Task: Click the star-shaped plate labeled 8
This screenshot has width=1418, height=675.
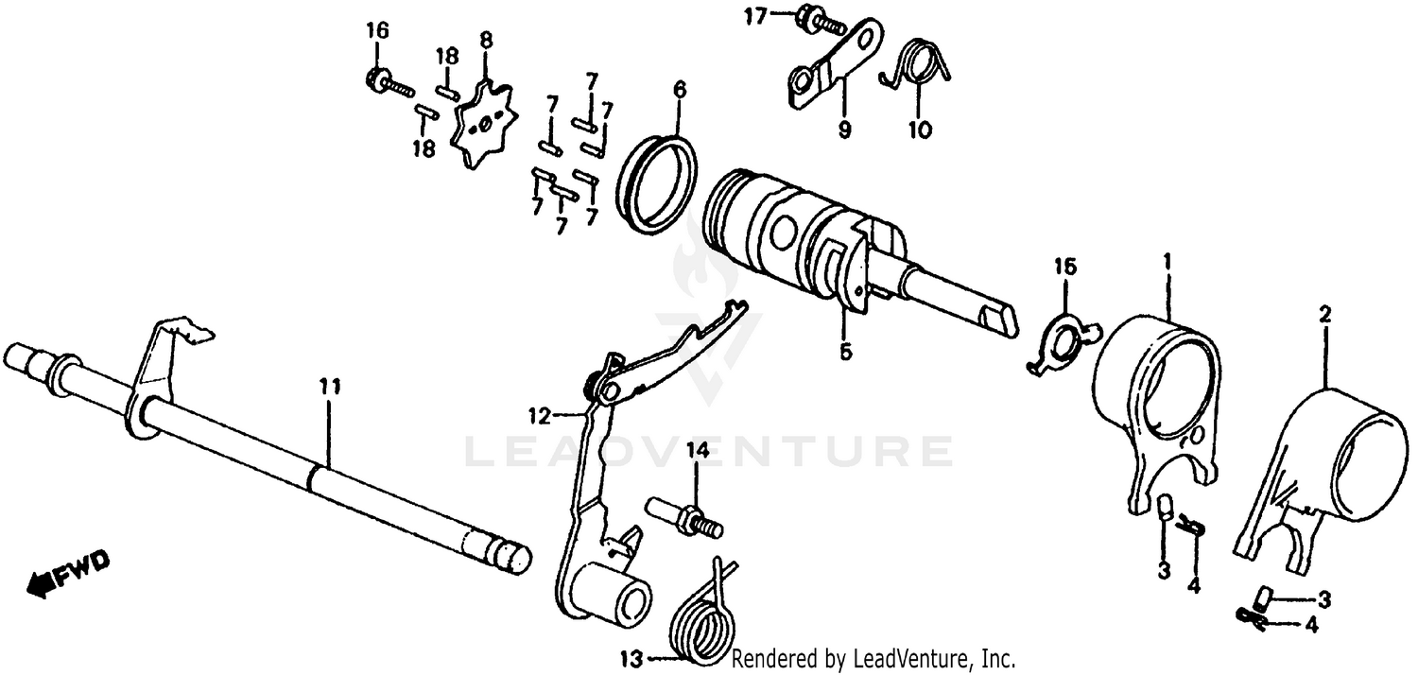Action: click(483, 128)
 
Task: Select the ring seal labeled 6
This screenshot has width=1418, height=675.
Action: click(659, 183)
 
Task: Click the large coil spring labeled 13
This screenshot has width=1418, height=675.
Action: click(702, 620)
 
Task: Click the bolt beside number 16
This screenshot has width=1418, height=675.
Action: click(388, 83)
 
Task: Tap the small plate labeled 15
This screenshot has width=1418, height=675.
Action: click(1063, 339)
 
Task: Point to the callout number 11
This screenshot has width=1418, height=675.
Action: click(330, 387)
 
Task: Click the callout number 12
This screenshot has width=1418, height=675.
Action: click(538, 414)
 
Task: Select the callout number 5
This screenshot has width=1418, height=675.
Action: click(845, 351)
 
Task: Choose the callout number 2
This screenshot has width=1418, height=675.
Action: click(1324, 314)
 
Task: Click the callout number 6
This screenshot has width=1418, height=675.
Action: click(679, 91)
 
